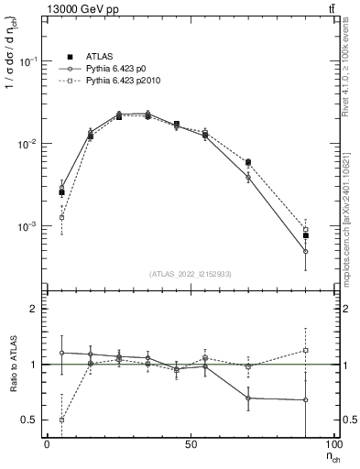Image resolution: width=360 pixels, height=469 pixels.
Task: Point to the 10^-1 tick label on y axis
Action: coord(28,61)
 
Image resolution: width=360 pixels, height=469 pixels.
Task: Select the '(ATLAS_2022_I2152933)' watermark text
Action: coord(191,274)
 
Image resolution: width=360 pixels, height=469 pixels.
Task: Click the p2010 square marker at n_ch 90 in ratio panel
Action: coord(306,350)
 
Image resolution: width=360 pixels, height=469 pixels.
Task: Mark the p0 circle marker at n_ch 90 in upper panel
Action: coord(306,251)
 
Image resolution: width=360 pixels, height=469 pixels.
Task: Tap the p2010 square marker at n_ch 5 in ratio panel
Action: coord(61,420)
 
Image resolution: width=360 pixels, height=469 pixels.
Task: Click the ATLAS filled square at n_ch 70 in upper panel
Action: coord(248,162)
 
